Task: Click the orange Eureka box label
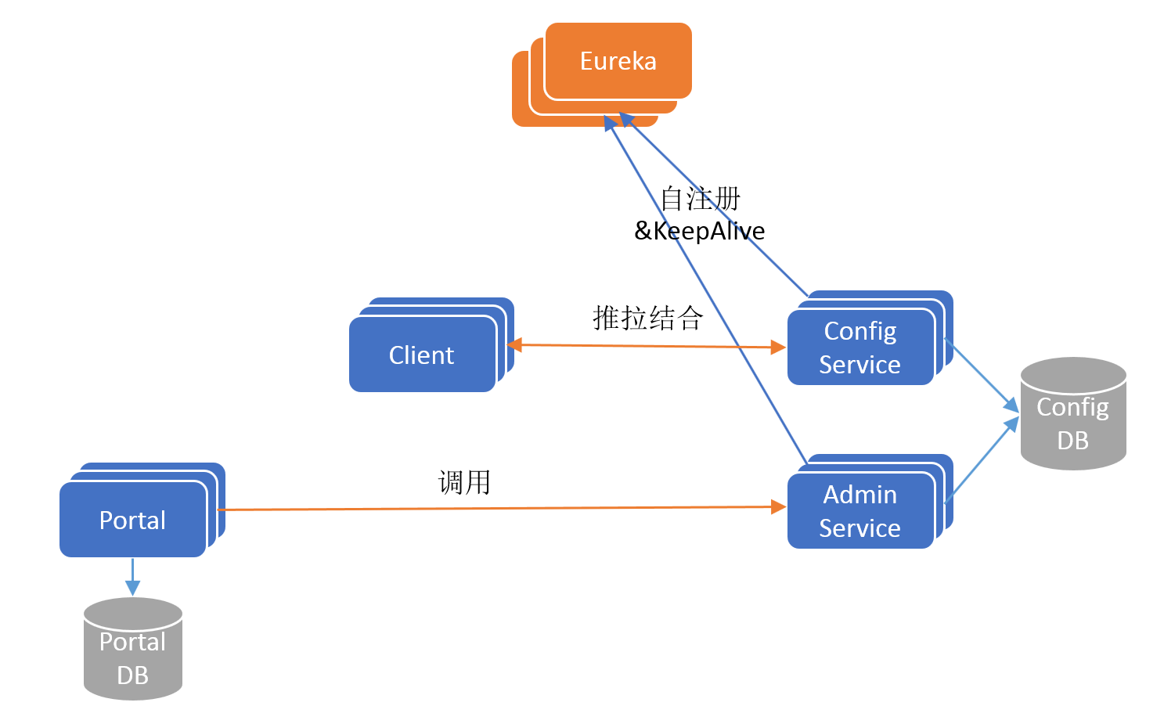pos(618,61)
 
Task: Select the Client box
pos(422,355)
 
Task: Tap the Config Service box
pos(859,348)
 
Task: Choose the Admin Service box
pos(859,511)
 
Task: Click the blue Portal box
pos(132,520)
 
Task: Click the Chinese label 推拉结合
pos(647,318)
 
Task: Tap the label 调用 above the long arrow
pos(464,482)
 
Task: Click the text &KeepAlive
pos(699,230)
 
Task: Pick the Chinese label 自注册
pos(700,199)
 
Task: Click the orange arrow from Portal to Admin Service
pos(501,509)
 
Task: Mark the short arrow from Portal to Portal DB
pos(132,577)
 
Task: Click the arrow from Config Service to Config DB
pos(982,374)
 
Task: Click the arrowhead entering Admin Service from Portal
pos(778,507)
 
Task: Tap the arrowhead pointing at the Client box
pos(515,344)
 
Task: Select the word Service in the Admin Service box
pos(859,528)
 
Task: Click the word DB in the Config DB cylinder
pos(1072,440)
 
